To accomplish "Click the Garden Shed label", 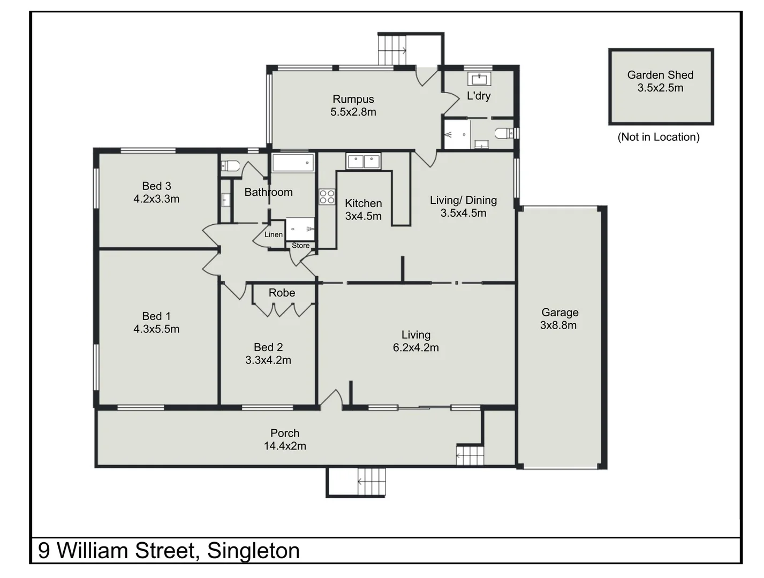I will coord(660,75).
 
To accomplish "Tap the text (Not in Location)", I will coord(659,137).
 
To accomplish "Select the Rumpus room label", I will coord(353,99).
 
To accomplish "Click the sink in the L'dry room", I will coord(479,79).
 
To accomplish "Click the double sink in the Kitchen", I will coord(364,161).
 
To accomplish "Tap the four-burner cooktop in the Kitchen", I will coord(327,197).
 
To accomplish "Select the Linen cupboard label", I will coord(274,234).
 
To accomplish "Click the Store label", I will coord(300,246).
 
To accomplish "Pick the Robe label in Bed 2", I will coord(282,293).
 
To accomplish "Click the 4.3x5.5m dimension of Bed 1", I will coord(156,329).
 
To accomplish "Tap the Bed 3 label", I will coord(156,186).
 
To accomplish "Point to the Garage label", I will coord(559,312).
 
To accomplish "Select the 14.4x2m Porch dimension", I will coord(285,446).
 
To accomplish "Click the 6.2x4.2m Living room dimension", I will coord(415,348).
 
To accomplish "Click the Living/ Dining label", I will coord(463,200).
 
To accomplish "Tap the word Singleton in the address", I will coord(253,551).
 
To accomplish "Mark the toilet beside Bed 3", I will coord(230,165).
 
